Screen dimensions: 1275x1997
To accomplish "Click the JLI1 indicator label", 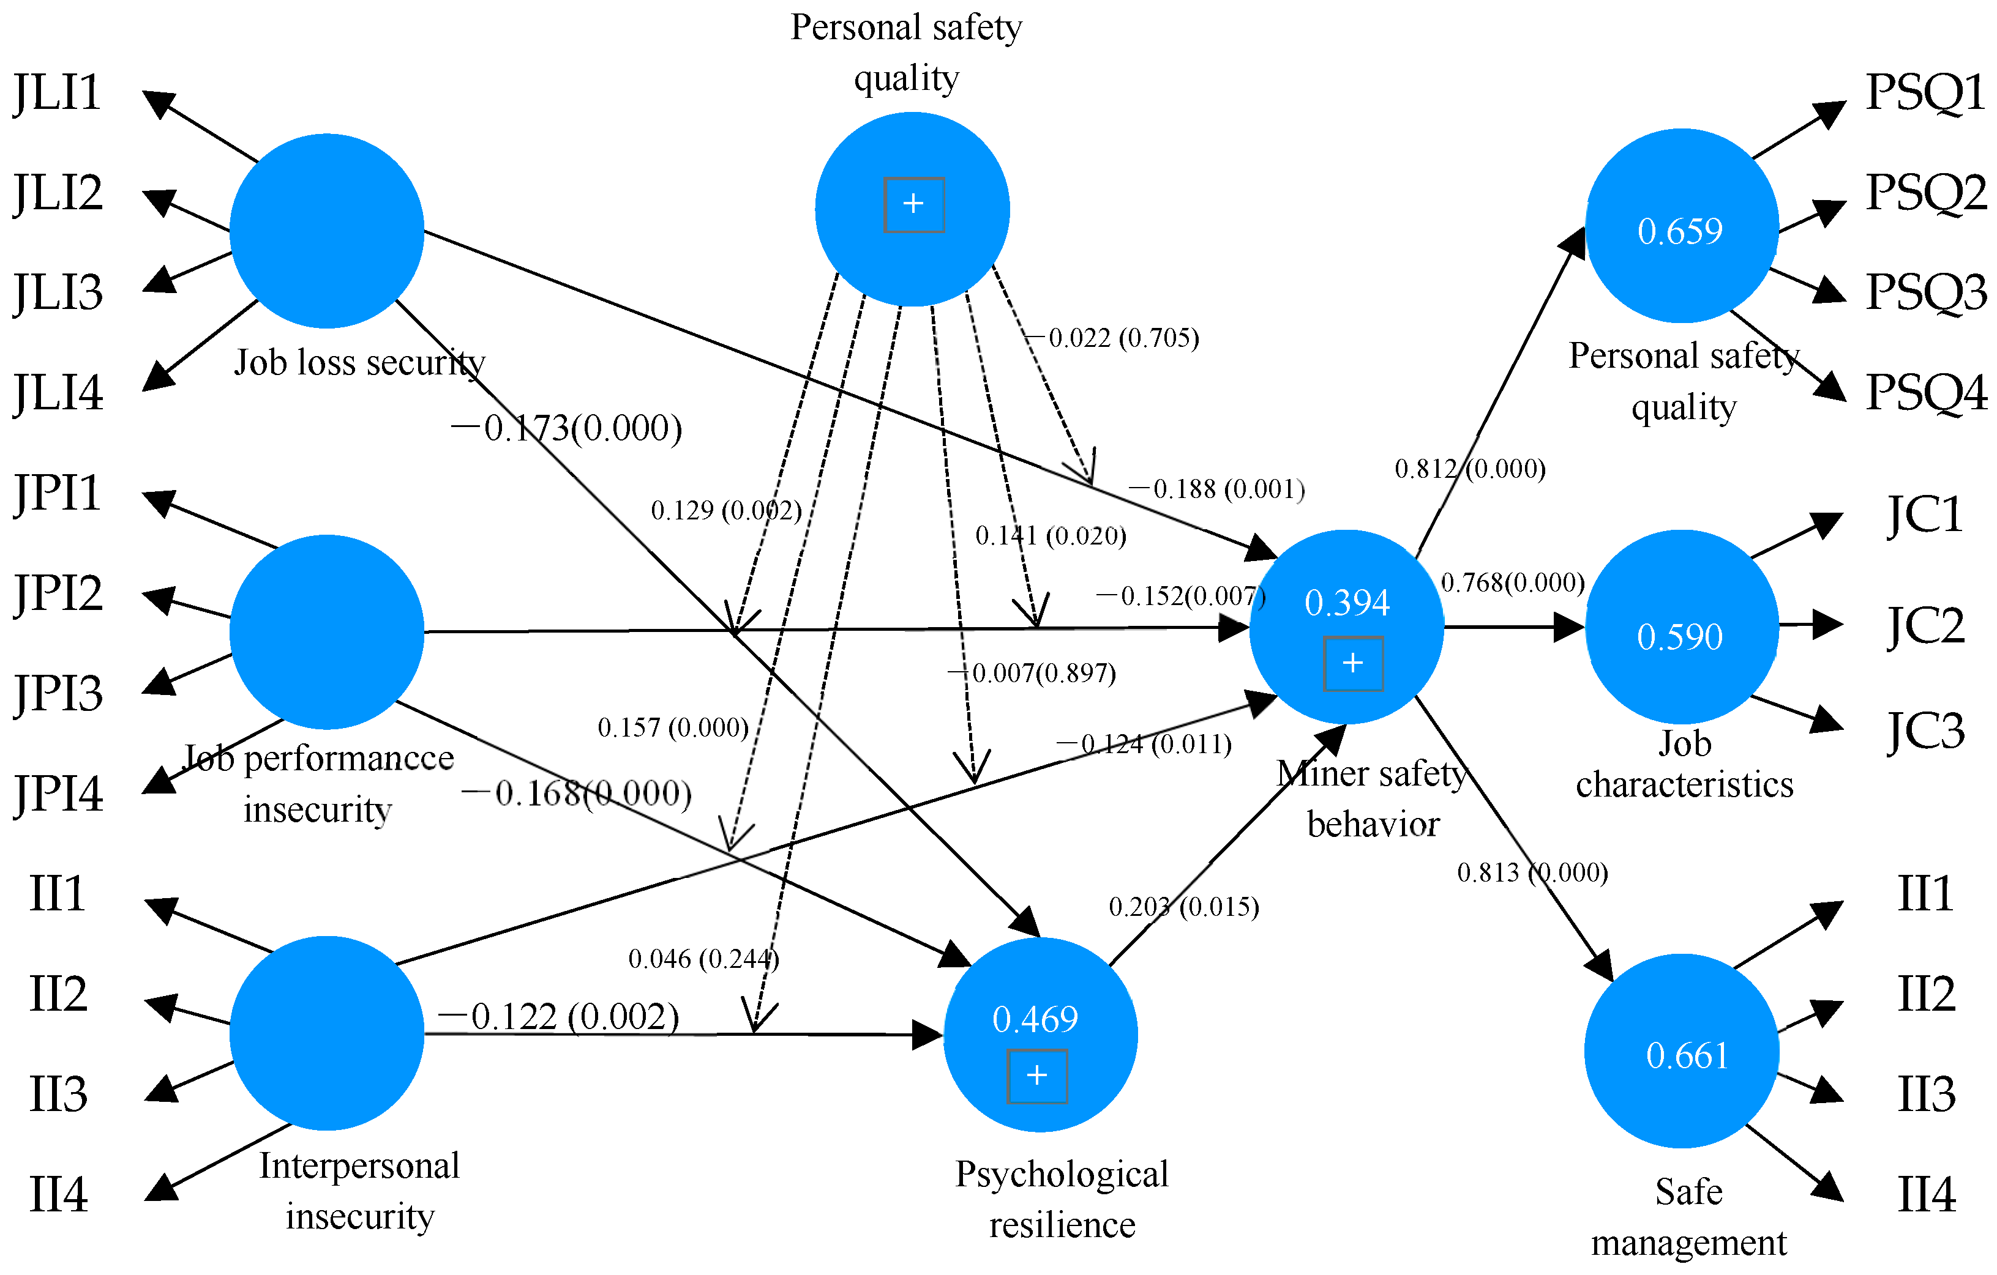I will click(x=56, y=93).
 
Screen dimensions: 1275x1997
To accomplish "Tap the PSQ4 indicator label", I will click(x=1926, y=392).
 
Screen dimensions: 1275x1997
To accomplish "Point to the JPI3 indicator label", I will click(x=58, y=694).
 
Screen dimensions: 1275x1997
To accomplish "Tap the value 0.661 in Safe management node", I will click(x=1687, y=1055).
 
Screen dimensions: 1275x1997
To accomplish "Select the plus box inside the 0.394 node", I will click(x=1352, y=663).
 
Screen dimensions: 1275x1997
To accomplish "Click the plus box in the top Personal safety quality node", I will click(x=913, y=204).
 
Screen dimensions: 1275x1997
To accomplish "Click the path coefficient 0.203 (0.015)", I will click(x=1183, y=906).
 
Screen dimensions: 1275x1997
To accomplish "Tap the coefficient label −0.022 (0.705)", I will click(x=1112, y=337).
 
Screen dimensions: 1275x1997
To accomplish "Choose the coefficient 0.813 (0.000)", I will click(x=1532, y=872).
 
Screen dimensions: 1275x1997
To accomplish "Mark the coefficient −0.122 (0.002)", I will click(x=559, y=1016).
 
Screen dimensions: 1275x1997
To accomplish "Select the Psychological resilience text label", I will click(x=1062, y=1200).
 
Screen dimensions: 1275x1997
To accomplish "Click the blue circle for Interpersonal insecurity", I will click(x=327, y=1033).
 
